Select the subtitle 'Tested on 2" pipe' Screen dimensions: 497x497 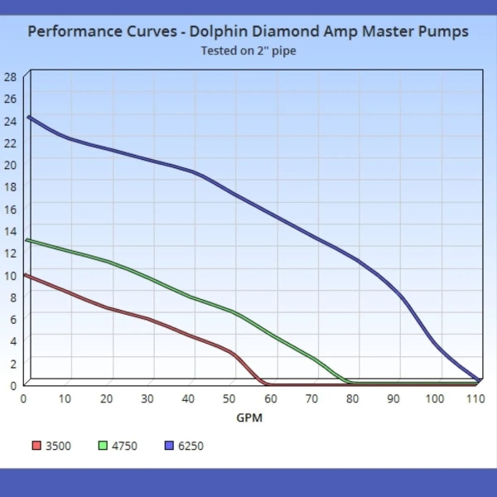(x=248, y=51)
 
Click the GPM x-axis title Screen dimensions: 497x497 (x=248, y=417)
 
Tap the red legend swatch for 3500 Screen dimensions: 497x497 (x=36, y=446)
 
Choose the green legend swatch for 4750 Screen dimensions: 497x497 (x=103, y=446)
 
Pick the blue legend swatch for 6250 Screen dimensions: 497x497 (x=169, y=446)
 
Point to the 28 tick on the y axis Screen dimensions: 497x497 (x=10, y=76)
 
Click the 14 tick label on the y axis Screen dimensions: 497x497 (x=10, y=230)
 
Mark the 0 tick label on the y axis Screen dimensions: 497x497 (x=12, y=384)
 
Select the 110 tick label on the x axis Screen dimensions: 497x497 (x=475, y=398)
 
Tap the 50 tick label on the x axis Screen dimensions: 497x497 (x=229, y=398)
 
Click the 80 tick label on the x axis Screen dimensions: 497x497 (x=353, y=398)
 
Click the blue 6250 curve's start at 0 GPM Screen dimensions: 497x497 (x=29, y=117)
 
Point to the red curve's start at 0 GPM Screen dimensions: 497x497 (x=27, y=275)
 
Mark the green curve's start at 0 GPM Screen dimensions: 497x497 (x=28, y=240)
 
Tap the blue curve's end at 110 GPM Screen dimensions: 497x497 (x=478, y=380)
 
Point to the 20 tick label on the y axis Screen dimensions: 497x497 (x=10, y=164)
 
